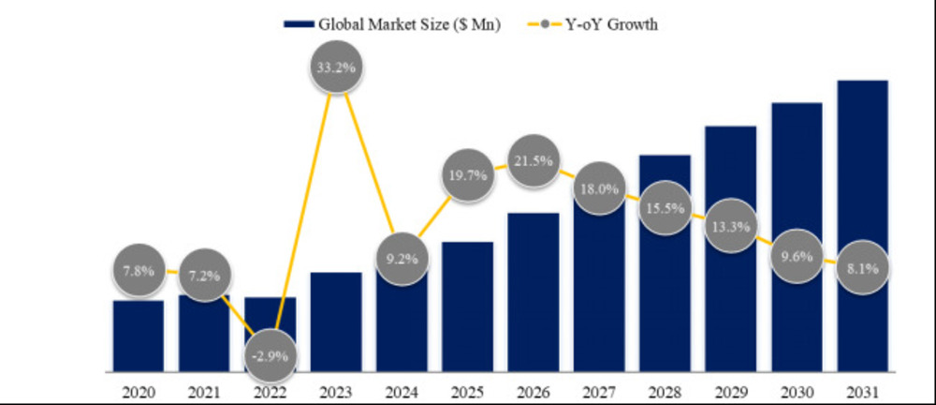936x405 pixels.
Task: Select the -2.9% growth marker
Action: pyautogui.click(x=270, y=357)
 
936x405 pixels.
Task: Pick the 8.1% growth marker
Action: pyautogui.click(x=862, y=267)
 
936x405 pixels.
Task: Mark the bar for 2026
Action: pyautogui.click(x=534, y=291)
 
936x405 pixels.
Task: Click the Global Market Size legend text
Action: pyautogui.click(x=409, y=25)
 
